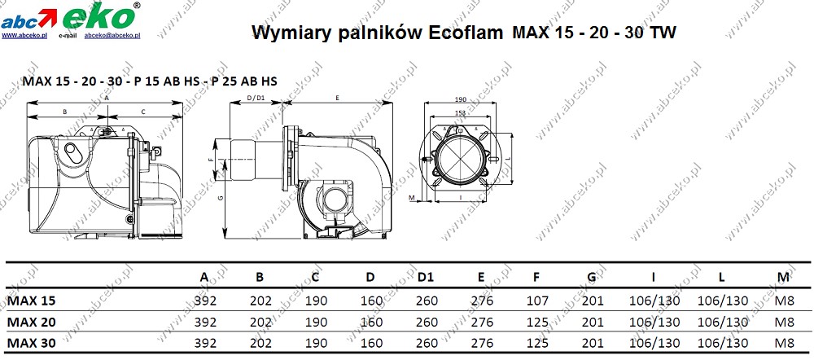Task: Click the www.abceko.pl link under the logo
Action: tap(24, 36)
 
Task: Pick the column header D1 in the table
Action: tap(424, 278)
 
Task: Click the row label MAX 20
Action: tap(32, 322)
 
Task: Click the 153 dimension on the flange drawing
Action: tap(461, 113)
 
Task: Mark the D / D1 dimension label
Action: tap(255, 99)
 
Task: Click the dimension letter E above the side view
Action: tap(337, 98)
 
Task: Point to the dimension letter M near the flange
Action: tap(412, 198)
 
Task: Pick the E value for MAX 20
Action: tap(483, 322)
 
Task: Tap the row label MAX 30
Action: tap(32, 343)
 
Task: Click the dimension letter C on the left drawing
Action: tap(143, 112)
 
